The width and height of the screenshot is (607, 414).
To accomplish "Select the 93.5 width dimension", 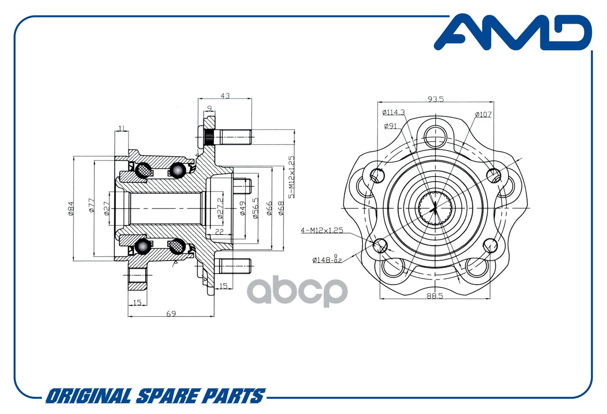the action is (x=435, y=99).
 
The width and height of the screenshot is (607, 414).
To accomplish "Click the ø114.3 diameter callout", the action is (x=394, y=112).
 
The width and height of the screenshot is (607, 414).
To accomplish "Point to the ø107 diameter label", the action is (x=483, y=114).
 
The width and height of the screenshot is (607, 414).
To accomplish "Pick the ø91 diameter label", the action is (x=390, y=126).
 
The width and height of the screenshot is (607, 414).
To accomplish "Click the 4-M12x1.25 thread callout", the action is (x=322, y=230).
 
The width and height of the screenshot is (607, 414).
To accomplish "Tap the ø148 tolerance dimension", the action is (x=327, y=259).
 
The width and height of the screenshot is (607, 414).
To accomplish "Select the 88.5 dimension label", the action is (x=435, y=296).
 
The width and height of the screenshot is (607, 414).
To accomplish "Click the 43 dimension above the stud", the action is (x=225, y=96).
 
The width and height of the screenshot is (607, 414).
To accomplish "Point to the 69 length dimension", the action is (x=171, y=314).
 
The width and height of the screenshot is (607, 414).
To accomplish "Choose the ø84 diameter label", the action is (x=71, y=208).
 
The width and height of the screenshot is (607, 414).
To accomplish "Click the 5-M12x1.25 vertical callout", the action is (x=291, y=177).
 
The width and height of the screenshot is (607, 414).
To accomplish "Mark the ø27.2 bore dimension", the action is (x=221, y=208).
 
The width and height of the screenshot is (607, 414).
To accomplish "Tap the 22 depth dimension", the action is (x=219, y=231).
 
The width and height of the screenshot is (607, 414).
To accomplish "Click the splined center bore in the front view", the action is (x=435, y=208).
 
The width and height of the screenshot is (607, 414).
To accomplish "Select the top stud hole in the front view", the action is (x=435, y=137).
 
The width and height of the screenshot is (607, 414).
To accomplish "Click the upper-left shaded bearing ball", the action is (x=144, y=170).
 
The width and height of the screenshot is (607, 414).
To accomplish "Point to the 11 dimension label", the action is (x=121, y=128).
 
